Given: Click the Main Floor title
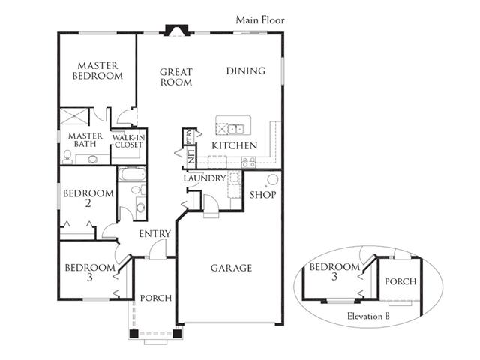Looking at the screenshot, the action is coord(260,20).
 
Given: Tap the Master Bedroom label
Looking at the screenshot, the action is coord(97,70).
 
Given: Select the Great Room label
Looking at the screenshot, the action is coord(176,77).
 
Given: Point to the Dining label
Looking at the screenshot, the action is coord(246,70).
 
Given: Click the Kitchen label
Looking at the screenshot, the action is coord(235,145).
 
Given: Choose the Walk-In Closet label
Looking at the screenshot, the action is coord(128,142).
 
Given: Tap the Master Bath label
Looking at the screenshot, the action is coord(85,140).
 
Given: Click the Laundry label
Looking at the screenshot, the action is coord(205,178).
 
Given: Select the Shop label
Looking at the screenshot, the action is coord(263,195).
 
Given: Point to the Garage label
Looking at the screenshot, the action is coord(232,268).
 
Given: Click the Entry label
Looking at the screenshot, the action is coord(154,234).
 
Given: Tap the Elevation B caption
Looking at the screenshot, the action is coord(368,316).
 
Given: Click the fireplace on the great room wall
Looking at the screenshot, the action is coord(177,30).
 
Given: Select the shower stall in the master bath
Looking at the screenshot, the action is coord(74,116).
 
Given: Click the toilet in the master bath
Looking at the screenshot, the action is coord(67,157).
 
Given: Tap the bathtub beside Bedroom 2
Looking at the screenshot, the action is coord(132,174).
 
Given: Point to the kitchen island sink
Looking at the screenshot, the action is coord(236,129).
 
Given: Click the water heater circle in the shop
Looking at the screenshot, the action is coord(272,180).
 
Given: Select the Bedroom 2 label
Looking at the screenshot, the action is coord(88,198).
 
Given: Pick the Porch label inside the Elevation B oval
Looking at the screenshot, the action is coord(400,281).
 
